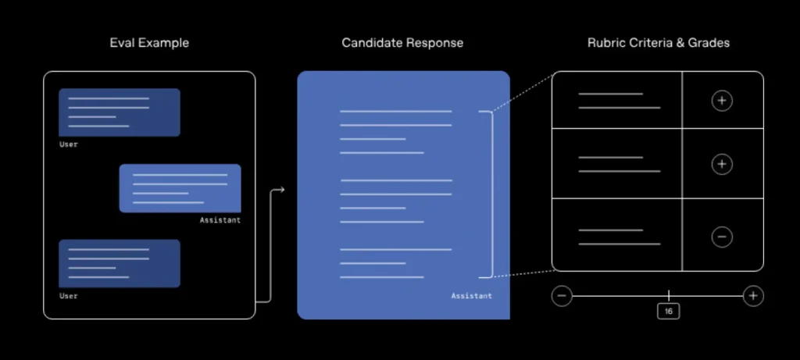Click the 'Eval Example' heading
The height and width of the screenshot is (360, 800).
pos(148,43)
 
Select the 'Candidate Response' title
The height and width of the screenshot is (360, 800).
pos(402,43)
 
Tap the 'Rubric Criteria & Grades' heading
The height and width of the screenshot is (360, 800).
pos(659,43)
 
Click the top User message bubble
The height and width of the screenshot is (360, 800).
pos(120,112)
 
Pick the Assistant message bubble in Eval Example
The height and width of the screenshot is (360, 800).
pos(180,188)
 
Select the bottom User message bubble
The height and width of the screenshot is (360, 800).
pos(120,264)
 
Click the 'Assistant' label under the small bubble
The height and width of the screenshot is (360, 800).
pos(220,221)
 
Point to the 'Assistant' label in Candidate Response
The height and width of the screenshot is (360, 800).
pos(471,296)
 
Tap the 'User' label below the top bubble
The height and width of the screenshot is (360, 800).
pos(69,144)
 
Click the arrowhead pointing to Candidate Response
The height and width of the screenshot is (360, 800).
pos(281,189)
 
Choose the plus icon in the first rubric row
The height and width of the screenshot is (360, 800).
pos(722,101)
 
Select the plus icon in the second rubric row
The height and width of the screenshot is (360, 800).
pos(722,164)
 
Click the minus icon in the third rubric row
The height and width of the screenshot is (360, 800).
pos(722,237)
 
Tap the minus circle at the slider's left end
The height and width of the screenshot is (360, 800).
pos(562,295)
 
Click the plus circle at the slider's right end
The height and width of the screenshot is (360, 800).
pos(753,295)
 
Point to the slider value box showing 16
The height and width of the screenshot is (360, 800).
pos(669,311)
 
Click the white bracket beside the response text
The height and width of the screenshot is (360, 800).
pos(490,194)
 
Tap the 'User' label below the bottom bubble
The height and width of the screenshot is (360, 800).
pos(69,296)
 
